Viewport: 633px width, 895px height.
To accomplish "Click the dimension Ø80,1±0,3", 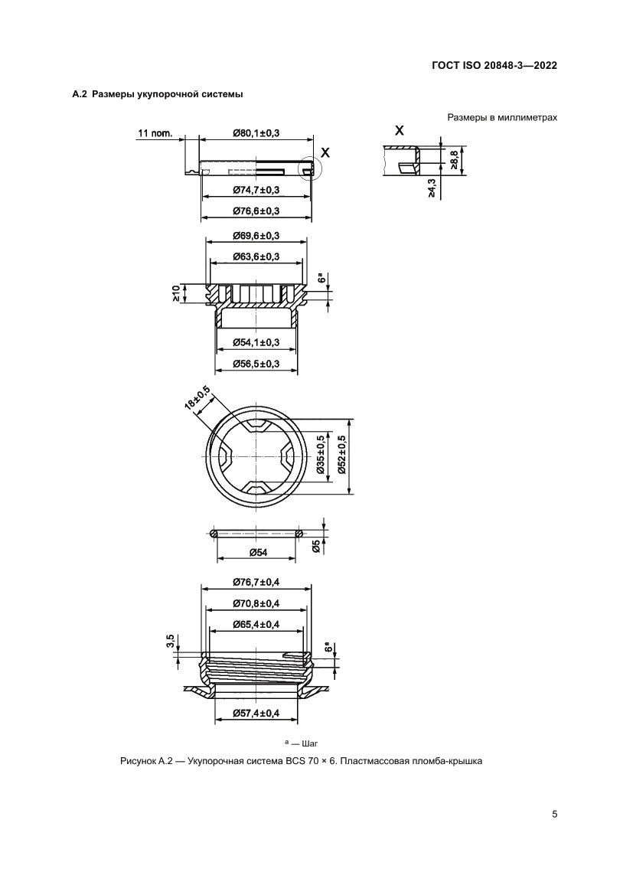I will pos(256,133).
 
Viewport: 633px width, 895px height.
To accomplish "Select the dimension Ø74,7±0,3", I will pos(256,190).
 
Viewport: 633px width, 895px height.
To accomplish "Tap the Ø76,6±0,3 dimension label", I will pos(256,211).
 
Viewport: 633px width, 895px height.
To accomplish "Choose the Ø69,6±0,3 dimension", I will pos(256,235).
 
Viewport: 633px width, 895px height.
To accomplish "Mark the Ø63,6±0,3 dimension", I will pos(256,256).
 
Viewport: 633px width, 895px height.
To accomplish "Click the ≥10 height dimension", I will pos(177,293).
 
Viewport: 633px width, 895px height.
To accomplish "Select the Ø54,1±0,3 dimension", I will pos(256,342).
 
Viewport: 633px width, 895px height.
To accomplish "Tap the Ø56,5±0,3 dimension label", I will pos(256,363).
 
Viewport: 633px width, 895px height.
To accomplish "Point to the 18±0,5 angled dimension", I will pos(197,400).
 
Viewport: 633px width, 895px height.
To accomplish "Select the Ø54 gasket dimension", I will pos(256,553).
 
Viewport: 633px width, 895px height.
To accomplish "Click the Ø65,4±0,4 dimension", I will pos(256,625).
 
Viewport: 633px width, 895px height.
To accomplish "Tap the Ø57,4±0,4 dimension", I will pos(256,714).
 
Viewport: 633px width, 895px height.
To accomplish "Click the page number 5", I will pos(554,814).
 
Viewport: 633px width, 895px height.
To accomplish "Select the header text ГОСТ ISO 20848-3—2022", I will pos(493,65).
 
